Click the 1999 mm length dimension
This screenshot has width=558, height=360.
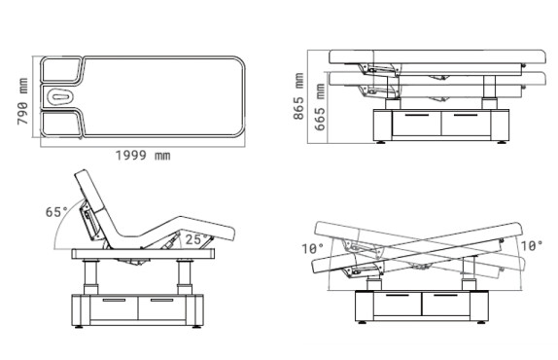[143, 156]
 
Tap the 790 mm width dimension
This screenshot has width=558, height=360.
[22, 101]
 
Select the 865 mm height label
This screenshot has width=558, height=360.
[298, 96]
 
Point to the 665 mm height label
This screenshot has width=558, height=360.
[320, 107]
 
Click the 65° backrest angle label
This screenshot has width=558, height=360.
[56, 212]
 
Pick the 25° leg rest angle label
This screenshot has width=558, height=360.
[196, 239]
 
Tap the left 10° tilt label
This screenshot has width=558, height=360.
[312, 248]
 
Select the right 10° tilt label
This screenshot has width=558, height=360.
[532, 246]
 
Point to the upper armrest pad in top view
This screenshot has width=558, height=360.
[61, 69]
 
